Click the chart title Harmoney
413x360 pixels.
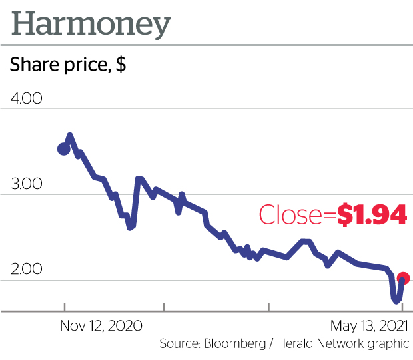[91, 25]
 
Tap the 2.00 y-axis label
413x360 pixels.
[27, 270]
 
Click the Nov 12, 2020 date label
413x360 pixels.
[101, 326]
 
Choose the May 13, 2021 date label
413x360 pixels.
[370, 326]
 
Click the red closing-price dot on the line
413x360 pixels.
[403, 279]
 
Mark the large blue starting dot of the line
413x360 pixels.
[64, 148]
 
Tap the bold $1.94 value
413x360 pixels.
[372, 215]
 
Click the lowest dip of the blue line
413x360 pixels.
[396, 301]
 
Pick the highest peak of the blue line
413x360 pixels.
[70, 136]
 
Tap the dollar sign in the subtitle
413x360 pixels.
[121, 66]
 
